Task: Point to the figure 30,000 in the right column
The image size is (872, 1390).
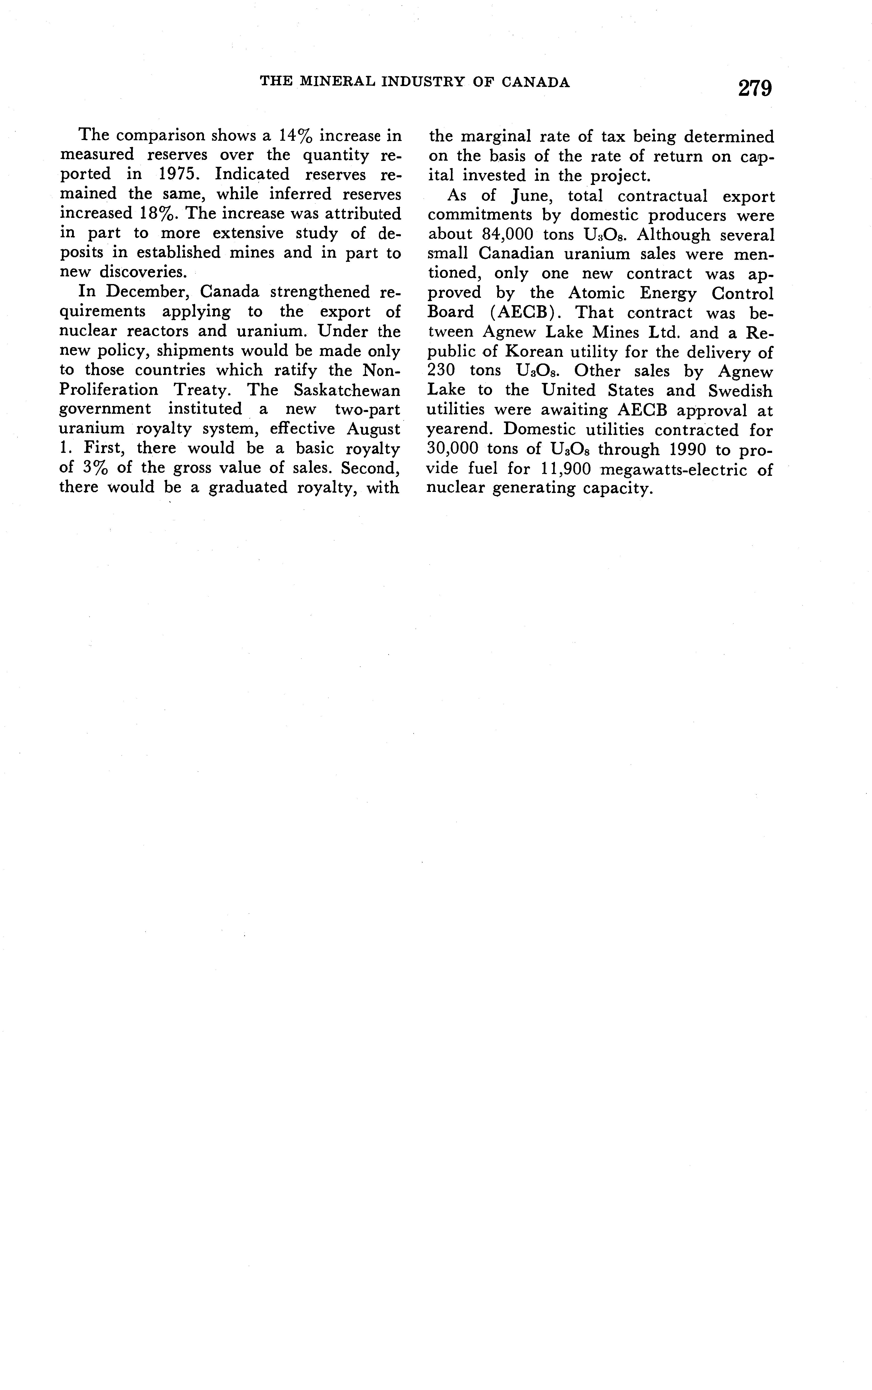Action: coord(453,449)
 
